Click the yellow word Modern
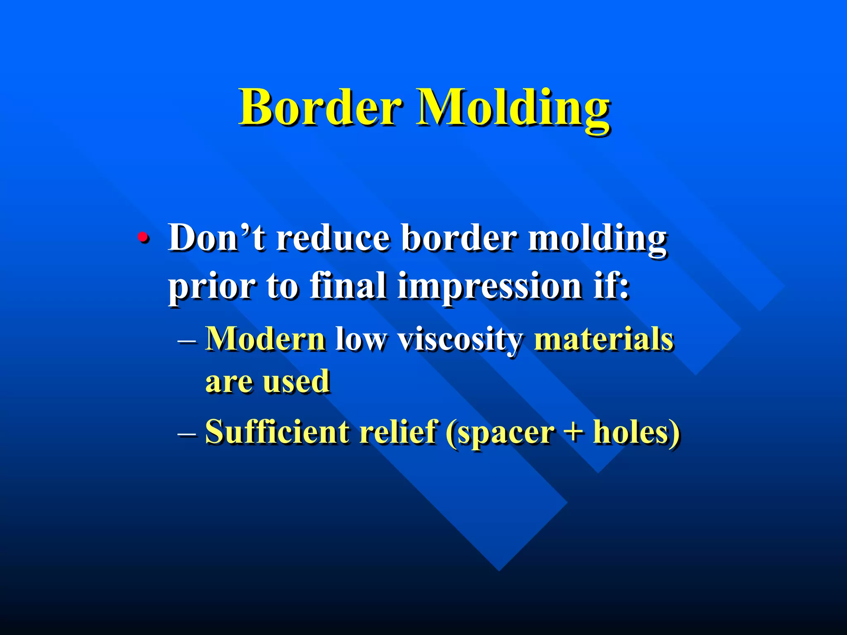[265, 339]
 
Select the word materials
[604, 339]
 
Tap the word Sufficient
[277, 432]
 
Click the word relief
[398, 432]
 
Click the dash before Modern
[187, 341]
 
